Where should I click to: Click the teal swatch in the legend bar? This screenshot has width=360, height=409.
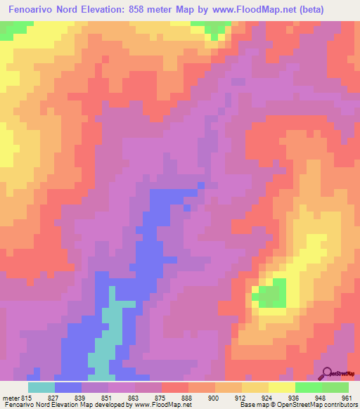click(x=41, y=387)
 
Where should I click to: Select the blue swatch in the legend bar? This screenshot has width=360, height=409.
click(x=67, y=387)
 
